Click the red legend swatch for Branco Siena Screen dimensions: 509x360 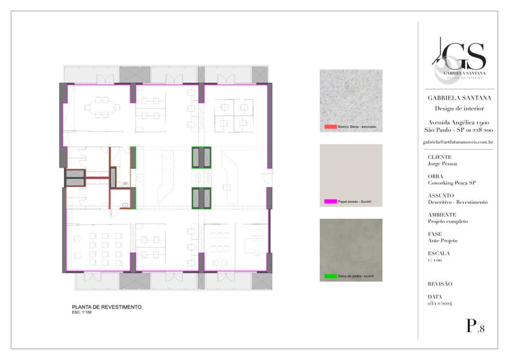point(331,127)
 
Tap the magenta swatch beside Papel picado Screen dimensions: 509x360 point(331,201)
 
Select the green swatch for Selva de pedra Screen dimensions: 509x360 point(331,276)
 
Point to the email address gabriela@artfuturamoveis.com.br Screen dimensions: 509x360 point(458,142)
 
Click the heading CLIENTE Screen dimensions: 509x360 point(439,157)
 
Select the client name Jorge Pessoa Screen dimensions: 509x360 point(442,164)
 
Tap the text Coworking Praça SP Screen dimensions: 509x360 point(451,183)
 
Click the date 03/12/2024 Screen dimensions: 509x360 point(439,303)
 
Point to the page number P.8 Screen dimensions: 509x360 point(475,326)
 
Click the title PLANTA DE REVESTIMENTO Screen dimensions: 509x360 point(106,307)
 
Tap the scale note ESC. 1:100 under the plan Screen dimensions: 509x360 point(82,312)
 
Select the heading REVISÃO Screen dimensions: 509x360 point(440,284)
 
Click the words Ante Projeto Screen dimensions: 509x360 point(442,241)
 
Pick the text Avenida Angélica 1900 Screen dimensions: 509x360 point(458,122)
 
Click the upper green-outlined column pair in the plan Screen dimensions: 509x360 point(201,158)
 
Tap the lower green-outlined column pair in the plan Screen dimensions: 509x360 point(201,198)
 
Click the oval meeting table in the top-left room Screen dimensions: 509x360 point(102,107)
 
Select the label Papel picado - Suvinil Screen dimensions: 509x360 point(354,201)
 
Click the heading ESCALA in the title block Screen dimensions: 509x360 point(438,253)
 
